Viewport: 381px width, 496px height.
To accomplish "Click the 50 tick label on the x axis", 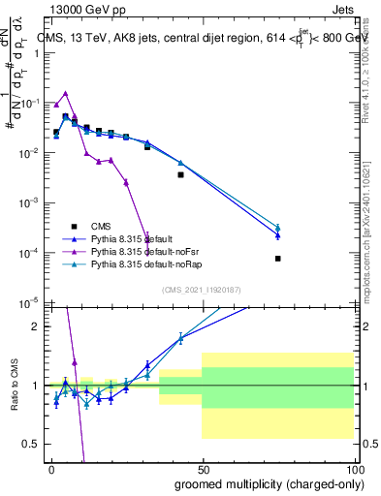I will pos(203,469).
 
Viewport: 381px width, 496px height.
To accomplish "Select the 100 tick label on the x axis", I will pos(353,469).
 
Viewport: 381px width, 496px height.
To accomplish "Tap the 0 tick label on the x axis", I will pos(50,469).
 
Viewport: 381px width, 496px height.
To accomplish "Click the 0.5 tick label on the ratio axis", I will pos(32,444).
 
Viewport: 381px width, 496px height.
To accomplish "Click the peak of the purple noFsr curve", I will pos(65,94).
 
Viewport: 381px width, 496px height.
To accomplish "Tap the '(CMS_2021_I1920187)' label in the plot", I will pos(201,290).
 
